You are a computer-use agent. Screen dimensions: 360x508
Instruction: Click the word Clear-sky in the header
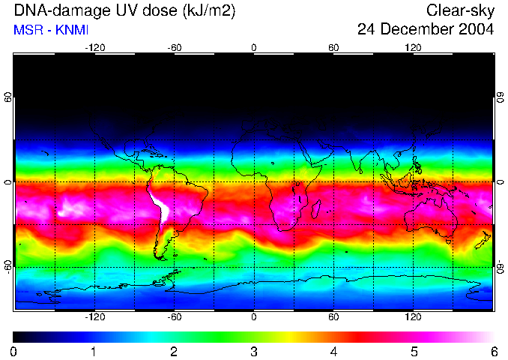460,10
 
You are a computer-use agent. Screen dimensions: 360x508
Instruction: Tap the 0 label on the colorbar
14,351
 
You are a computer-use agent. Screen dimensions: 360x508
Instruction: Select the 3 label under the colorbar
253,351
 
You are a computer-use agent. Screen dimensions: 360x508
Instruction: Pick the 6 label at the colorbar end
493,351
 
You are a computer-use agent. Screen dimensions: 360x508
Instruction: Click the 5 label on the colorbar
414,351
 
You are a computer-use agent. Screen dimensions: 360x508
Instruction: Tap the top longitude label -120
94,47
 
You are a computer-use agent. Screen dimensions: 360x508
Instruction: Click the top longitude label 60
333,47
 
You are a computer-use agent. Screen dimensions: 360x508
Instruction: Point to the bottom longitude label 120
413,316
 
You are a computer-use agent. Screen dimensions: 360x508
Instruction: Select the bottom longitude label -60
175,316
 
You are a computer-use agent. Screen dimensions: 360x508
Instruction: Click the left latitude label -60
8,266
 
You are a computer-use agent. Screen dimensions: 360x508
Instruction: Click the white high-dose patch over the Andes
158,205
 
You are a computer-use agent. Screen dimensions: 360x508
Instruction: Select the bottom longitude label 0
254,316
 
